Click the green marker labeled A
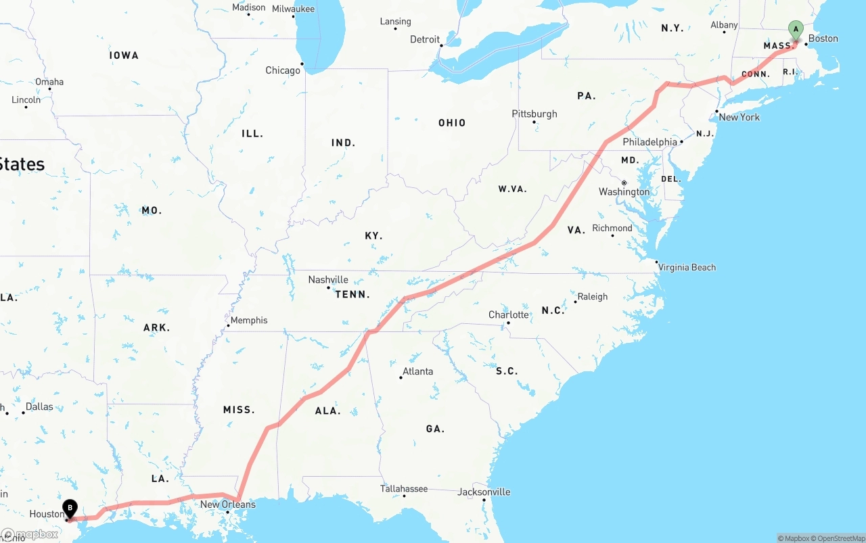[x=796, y=30]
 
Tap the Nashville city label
[x=328, y=279]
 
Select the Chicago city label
[x=283, y=70]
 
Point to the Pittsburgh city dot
[x=534, y=122]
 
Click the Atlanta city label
[x=417, y=371]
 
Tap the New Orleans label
[x=228, y=504]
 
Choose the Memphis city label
[x=249, y=320]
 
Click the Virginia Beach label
[x=687, y=267]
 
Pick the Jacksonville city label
[x=484, y=492]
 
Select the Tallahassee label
[x=404, y=488]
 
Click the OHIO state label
[x=452, y=122]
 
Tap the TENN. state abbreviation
[x=352, y=294]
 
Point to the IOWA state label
[x=124, y=55]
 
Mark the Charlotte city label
[x=509, y=314]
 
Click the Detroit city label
[x=425, y=39]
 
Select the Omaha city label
[x=49, y=82]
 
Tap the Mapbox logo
[x=30, y=534]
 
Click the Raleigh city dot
[x=575, y=302]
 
